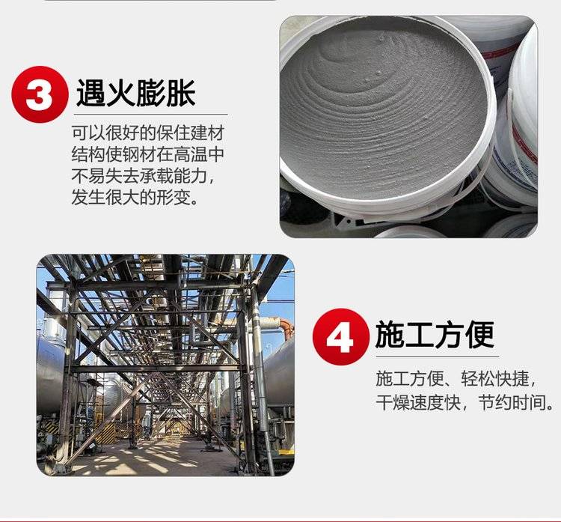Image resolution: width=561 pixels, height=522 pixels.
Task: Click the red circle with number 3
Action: pos(40,94)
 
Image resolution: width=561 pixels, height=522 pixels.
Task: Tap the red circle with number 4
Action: pos(340,337)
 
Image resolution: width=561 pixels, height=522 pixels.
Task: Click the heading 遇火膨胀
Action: pos(136,93)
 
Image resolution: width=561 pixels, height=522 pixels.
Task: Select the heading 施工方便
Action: pos(435,335)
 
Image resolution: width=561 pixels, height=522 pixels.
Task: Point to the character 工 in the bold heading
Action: pos(420,335)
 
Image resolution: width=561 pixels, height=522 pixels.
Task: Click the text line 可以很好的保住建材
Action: pos(148,133)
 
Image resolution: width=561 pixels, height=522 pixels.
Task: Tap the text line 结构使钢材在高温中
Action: pos(148,154)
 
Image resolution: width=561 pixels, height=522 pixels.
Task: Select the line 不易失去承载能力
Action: pos(143,175)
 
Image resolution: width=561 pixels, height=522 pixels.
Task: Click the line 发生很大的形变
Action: pos(135,197)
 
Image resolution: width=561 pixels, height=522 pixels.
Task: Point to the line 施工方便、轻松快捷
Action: pos(456,379)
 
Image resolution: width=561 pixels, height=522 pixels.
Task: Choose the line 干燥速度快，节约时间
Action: pos(465,402)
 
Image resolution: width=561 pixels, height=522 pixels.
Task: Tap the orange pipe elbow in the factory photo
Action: pos(287,328)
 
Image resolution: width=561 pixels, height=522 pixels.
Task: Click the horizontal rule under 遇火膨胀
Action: pos(150,115)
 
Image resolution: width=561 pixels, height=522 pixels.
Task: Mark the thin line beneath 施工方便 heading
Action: pos(438,356)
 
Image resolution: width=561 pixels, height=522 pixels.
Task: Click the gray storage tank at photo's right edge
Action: pos(280,373)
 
